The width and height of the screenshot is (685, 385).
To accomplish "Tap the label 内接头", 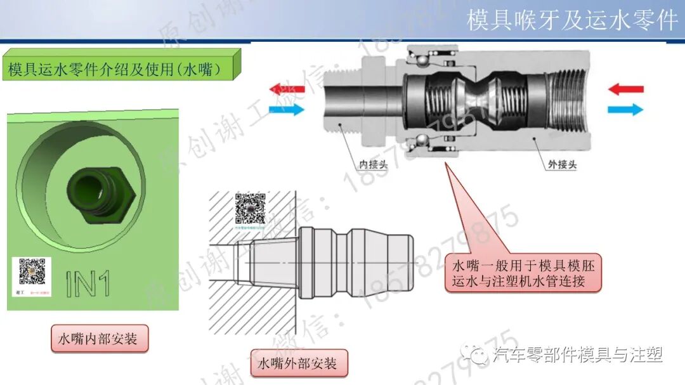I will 373,164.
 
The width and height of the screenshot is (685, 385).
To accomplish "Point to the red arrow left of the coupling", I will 287,89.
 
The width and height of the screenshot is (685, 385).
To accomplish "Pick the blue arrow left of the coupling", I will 287,110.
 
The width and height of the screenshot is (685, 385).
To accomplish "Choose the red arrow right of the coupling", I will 625,89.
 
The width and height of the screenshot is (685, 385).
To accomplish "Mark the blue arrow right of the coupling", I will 625,110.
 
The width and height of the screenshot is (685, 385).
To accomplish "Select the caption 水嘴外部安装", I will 298,364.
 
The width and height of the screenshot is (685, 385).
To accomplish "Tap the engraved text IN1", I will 88,284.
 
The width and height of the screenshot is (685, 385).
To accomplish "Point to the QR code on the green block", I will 32,271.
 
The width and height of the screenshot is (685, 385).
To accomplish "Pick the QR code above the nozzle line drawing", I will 250,206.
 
